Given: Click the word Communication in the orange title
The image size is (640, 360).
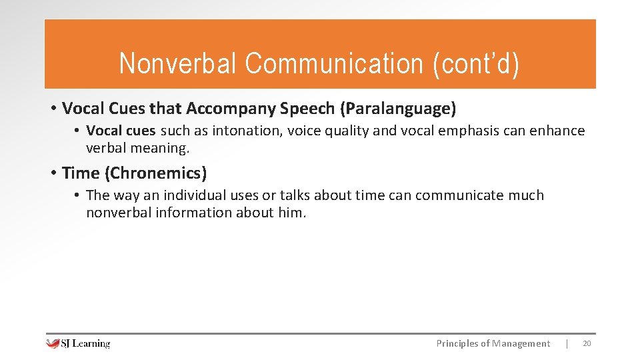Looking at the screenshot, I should [x=333, y=64].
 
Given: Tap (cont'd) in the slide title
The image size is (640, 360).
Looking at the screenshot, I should [x=475, y=64].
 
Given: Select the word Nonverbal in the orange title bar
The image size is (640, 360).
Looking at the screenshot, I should [x=178, y=64].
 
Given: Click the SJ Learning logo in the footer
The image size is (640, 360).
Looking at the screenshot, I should [x=78, y=343].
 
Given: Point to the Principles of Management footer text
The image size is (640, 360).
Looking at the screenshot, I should [x=493, y=343].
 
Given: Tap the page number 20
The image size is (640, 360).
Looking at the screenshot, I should [x=587, y=343].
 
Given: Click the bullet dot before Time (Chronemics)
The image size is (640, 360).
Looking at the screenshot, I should [x=53, y=173].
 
